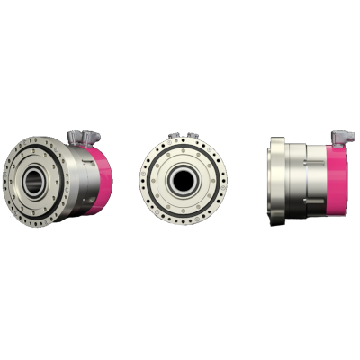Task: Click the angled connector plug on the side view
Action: (341, 137)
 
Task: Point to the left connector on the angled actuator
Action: (77, 137)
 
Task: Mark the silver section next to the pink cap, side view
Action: (318, 179)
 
